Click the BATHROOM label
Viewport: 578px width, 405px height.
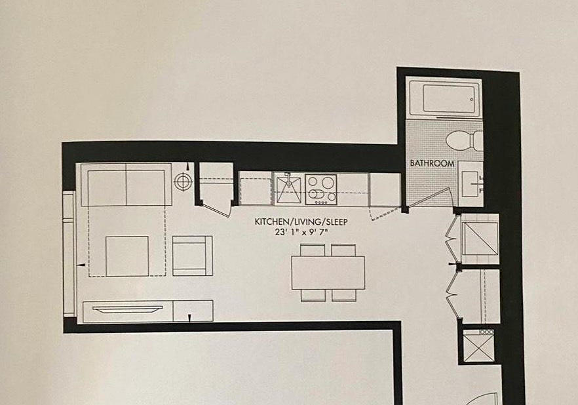432,163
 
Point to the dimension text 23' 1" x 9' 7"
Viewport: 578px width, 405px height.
301,233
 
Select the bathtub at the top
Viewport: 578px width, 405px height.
444,98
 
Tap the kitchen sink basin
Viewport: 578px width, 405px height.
288,189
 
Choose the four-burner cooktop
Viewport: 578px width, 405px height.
321,189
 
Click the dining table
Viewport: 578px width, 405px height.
328,273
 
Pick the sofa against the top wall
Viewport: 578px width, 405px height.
126,185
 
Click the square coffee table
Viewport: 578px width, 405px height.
127,256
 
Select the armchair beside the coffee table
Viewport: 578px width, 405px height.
193,256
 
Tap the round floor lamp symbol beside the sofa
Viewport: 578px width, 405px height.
183,182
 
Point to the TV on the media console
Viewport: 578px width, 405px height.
128,309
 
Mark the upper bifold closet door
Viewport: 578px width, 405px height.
452,238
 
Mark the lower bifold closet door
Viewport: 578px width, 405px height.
453,294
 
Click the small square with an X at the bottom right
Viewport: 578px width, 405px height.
478,348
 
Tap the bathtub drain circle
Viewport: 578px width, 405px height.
472,99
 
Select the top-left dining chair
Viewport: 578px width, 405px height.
313,250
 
